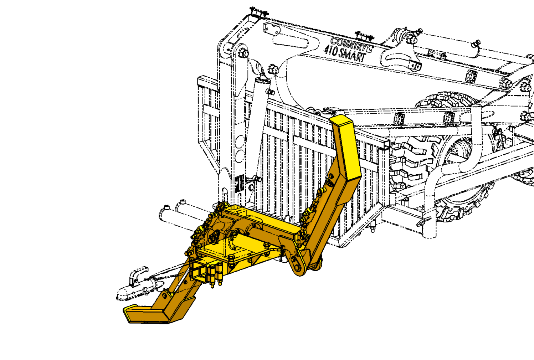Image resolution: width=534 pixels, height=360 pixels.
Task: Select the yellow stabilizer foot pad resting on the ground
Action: click(x=145, y=314)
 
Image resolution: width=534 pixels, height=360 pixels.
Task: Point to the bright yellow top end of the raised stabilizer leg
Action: click(x=346, y=145)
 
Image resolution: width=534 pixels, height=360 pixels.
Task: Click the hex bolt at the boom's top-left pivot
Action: click(x=243, y=53)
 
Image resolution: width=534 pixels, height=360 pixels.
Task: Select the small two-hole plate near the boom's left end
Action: click(x=272, y=29)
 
